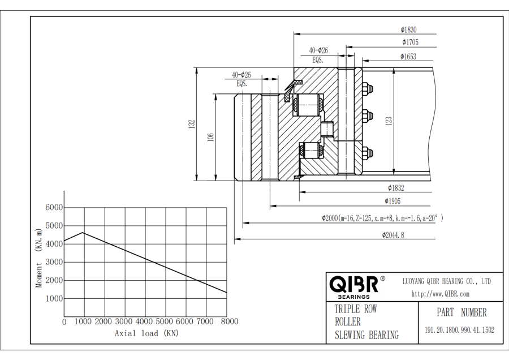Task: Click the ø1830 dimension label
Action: pos(408,30)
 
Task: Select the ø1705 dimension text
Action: pos(410,42)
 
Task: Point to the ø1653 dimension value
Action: pos(408,56)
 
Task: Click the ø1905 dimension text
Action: pos(393,201)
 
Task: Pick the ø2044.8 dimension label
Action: pos(394,235)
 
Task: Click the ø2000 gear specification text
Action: pos(382,218)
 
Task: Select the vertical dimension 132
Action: pos(192,123)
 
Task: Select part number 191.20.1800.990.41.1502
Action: pos(459,330)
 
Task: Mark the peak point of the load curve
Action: pos(83,232)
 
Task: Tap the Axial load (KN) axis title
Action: pos(146,333)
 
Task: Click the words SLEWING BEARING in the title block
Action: pos(366,335)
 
